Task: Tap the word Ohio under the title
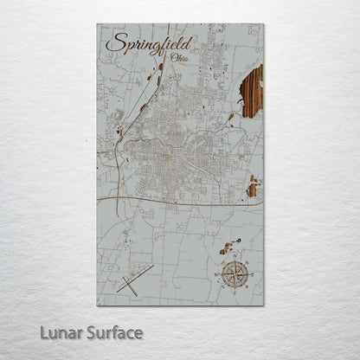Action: [x=180, y=58]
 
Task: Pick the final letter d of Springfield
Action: [x=190, y=42]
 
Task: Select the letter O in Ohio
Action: [x=175, y=58]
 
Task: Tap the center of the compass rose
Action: [x=233, y=274]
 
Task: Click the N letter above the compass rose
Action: [x=233, y=257]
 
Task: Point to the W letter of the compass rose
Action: [x=215, y=274]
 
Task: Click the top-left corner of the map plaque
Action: [x=97, y=24]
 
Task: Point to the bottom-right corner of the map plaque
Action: [x=264, y=305]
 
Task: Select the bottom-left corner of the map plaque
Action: [x=97, y=305]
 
